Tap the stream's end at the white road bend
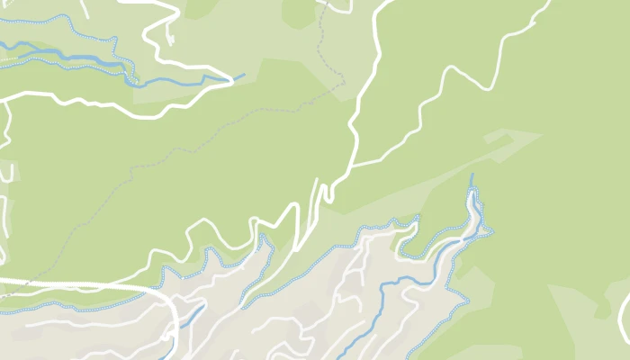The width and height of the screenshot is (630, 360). click(232, 81)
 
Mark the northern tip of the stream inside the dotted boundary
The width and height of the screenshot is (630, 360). click(472, 175)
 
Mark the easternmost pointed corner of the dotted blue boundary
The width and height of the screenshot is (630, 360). click(491, 231)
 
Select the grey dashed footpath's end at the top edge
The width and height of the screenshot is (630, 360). click(320, 3)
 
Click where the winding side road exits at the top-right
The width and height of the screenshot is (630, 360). click(546, 3)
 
